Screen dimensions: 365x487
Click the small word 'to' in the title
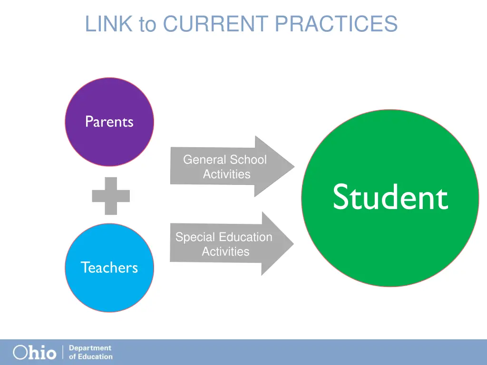tap(147, 25)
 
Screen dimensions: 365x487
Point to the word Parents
tap(109, 122)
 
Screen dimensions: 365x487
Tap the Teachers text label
tap(109, 268)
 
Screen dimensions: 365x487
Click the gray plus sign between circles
tap(111, 195)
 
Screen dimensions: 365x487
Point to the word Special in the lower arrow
tap(193, 237)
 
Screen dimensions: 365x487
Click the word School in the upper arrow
tap(248, 160)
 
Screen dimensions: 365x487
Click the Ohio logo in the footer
tap(34, 352)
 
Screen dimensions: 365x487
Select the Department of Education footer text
tap(90, 352)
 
